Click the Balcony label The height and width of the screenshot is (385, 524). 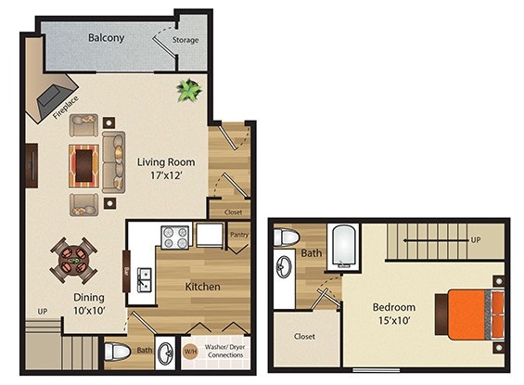(107, 38)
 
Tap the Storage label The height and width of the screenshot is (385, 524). (185, 40)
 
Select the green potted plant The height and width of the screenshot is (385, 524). (189, 90)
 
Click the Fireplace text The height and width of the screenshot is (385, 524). (66, 108)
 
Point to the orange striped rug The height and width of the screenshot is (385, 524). (83, 166)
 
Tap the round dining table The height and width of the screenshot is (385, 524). (73, 260)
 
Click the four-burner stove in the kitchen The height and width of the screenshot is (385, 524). (175, 237)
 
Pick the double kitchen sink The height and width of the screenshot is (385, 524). (145, 280)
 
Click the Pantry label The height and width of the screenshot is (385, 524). (239, 235)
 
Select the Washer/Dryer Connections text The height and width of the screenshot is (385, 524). (225, 351)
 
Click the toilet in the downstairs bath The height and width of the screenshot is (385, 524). (117, 352)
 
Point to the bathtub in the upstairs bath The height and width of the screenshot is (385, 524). (344, 247)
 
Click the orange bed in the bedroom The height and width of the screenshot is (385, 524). (470, 314)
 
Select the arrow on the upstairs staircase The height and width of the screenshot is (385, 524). (435, 240)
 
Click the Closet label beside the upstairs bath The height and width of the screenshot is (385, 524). (304, 336)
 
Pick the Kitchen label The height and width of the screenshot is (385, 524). (202, 287)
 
